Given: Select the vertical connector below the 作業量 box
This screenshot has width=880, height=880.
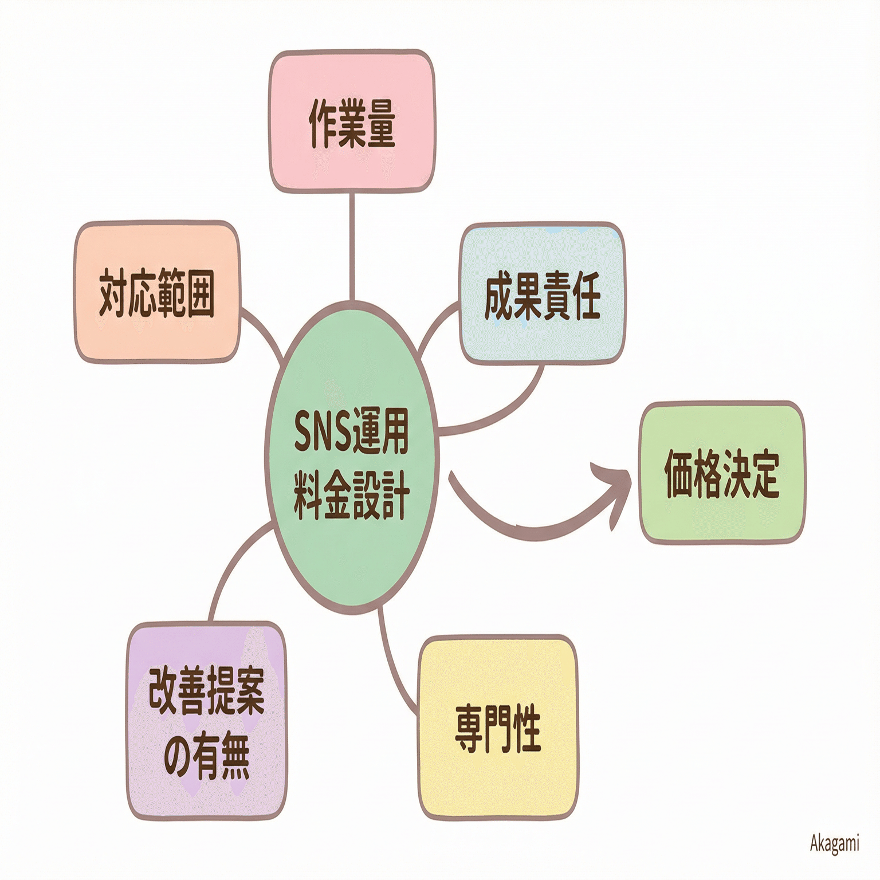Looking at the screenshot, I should pos(352,246).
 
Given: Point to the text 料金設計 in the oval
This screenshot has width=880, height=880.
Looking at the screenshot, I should pos(352,495).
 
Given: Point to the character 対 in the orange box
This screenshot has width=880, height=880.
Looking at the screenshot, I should pos(113,293).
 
